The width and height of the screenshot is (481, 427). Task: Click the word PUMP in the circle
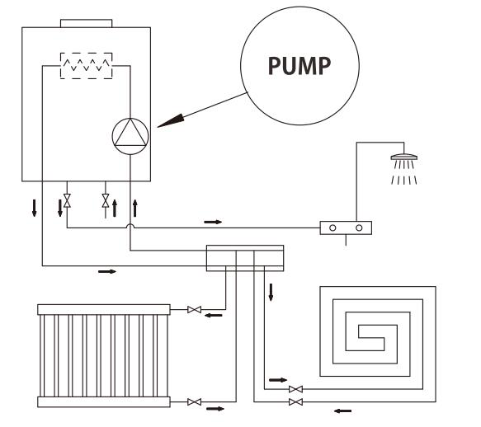[299, 66]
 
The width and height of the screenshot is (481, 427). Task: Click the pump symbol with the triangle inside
[130, 136]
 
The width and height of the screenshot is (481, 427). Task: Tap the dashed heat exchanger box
[86, 66]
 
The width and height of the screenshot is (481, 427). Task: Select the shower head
[403, 157]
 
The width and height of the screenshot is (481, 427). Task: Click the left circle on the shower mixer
[332, 228]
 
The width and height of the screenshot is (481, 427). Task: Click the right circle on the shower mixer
[359, 228]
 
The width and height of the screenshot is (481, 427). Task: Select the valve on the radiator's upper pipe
[194, 310]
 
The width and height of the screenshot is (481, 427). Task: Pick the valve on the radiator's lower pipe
[194, 402]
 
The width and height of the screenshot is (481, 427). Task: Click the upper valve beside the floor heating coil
[295, 389]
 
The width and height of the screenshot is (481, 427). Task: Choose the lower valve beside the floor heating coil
[295, 402]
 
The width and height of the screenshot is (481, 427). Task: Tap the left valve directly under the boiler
[67, 200]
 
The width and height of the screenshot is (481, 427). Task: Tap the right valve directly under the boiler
[106, 200]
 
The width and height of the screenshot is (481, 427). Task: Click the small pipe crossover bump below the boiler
[130, 225]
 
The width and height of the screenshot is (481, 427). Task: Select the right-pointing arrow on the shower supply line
[213, 222]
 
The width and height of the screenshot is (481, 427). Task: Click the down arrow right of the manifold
[271, 292]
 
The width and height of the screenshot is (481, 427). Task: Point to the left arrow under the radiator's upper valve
[213, 315]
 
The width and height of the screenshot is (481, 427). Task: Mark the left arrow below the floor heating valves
[342, 411]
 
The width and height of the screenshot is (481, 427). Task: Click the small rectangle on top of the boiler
[86, 23]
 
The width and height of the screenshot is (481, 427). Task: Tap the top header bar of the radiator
[104, 310]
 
